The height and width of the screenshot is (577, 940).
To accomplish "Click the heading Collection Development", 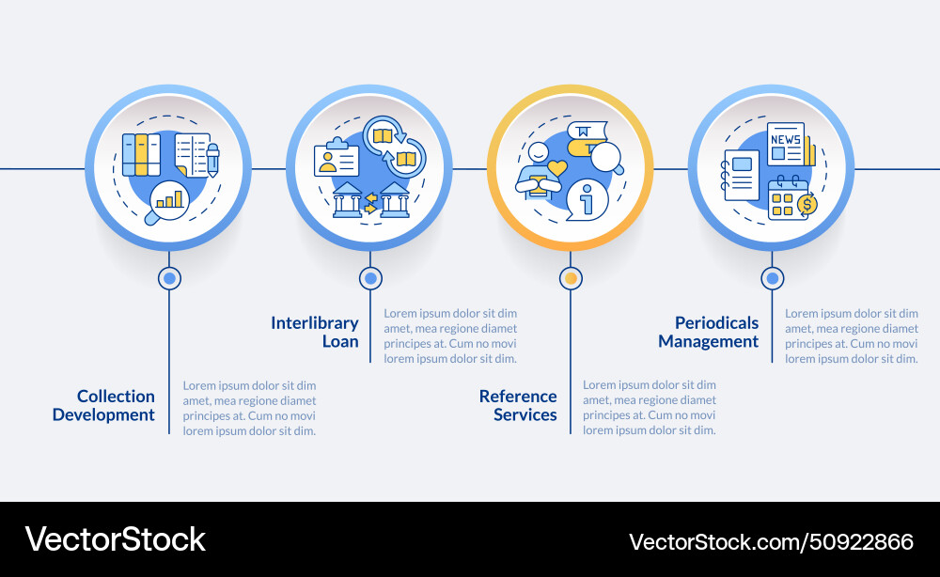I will point(103,405).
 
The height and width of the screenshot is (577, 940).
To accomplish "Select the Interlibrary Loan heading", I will point(315,332).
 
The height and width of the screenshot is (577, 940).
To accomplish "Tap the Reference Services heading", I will point(518,405).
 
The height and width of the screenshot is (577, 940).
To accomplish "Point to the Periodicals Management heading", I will point(709,332).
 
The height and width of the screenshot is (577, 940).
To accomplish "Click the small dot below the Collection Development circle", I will point(169,278).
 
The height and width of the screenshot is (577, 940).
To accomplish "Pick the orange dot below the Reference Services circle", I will point(571,278).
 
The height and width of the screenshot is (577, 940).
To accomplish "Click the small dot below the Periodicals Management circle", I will point(772,278).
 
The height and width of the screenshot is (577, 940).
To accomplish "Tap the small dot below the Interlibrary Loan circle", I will point(370,278).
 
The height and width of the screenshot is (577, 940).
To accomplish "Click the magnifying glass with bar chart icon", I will point(167,201).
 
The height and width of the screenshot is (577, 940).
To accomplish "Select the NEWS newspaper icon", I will point(787,144).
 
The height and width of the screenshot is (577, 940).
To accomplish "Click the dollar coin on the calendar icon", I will point(807,204).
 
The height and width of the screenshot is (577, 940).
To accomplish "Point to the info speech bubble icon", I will point(587,199).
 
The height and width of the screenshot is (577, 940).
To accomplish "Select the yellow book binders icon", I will point(141,155).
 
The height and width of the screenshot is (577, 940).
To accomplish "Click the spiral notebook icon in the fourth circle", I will point(740,174).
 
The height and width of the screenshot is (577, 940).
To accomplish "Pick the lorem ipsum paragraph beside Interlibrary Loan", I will point(450,335).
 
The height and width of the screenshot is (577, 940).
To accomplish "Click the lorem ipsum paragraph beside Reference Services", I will point(650,408).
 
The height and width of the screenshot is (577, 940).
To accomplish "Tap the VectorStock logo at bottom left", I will point(115,539).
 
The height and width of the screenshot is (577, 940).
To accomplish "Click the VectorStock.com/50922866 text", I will point(771,541).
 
